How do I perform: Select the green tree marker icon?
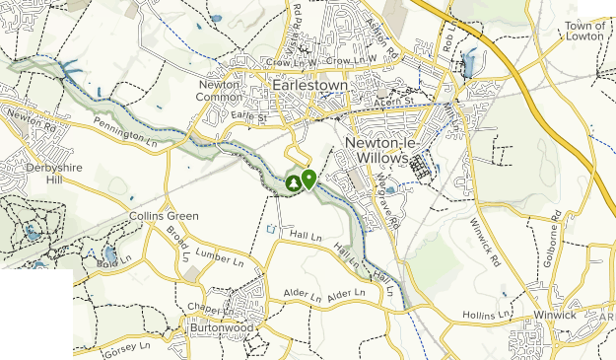[294, 182]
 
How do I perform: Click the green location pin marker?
[308, 179]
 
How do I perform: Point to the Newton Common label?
[219, 91]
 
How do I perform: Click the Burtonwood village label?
[221, 327]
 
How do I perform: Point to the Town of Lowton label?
[585, 30]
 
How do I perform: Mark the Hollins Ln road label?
[486, 315]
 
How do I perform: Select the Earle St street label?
[250, 116]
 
